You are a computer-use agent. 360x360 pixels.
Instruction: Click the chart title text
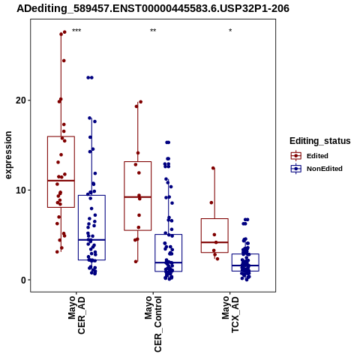pos(153,8)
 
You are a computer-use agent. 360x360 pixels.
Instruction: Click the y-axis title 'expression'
pos(8,155)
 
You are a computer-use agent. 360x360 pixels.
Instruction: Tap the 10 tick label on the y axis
pos(21,190)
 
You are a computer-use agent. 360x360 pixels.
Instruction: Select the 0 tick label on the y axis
pos(24,280)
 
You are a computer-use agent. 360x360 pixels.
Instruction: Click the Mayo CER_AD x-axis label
pos(76,315)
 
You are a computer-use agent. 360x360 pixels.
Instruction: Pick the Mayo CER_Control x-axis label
pos(153,324)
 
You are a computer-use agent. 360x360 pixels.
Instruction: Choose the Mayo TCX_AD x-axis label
pos(230,314)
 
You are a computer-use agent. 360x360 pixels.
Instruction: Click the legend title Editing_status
pos(319,141)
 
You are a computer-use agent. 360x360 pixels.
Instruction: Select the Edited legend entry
pos(309,156)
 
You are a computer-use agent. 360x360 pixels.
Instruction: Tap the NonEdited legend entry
pos(316,169)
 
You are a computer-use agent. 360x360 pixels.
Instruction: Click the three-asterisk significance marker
pos(76,31)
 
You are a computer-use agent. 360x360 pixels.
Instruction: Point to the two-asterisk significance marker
pos(153,31)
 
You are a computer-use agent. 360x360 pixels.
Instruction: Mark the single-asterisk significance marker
pos(230,31)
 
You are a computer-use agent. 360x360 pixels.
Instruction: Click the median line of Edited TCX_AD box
pos(214,242)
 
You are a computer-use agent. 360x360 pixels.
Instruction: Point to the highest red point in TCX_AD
pos(213,168)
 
